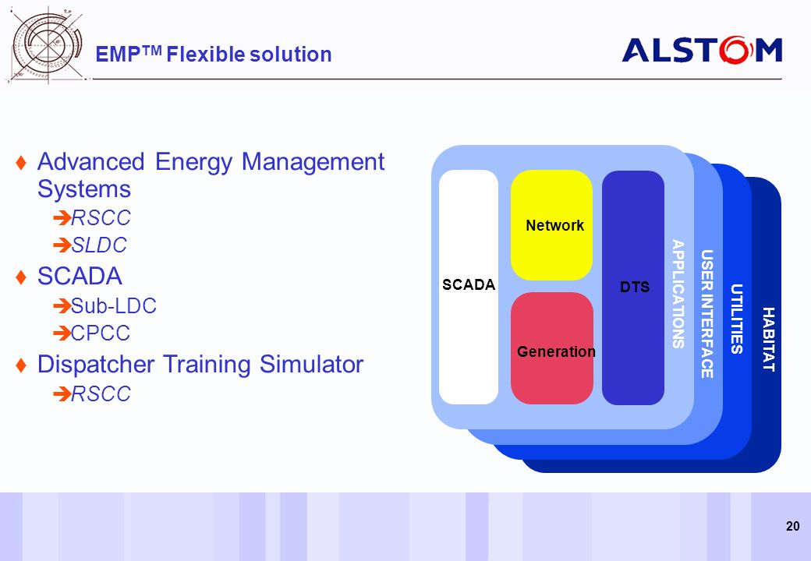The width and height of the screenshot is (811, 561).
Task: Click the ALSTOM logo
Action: [x=702, y=50]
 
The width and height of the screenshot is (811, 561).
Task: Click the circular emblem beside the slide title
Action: [x=47, y=45]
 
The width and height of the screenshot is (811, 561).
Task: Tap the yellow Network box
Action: [x=552, y=225]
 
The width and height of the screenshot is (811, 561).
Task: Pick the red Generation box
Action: [x=552, y=348]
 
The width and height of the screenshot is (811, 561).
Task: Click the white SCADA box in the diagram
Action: [x=469, y=287]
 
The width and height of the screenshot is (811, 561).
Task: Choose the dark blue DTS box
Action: [x=633, y=288]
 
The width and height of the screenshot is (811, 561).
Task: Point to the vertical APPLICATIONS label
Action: [x=678, y=294]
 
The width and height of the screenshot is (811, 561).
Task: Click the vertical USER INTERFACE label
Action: [x=707, y=314]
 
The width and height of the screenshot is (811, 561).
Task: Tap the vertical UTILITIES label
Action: [x=736, y=319]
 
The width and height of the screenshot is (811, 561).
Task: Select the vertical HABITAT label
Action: [x=769, y=340]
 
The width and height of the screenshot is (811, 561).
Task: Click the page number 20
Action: [x=792, y=527]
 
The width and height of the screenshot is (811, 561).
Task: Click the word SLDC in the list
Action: [x=99, y=245]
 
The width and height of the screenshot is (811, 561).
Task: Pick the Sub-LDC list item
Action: [x=114, y=305]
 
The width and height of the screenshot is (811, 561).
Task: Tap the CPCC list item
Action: [x=101, y=333]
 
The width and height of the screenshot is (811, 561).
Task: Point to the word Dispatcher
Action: [x=96, y=364]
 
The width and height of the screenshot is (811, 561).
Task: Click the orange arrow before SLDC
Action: [x=62, y=245]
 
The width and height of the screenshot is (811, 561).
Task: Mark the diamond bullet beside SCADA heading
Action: [x=21, y=277]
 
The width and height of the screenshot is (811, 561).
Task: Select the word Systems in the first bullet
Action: [x=83, y=189]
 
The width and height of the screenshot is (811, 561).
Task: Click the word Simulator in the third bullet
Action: [x=311, y=364]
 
